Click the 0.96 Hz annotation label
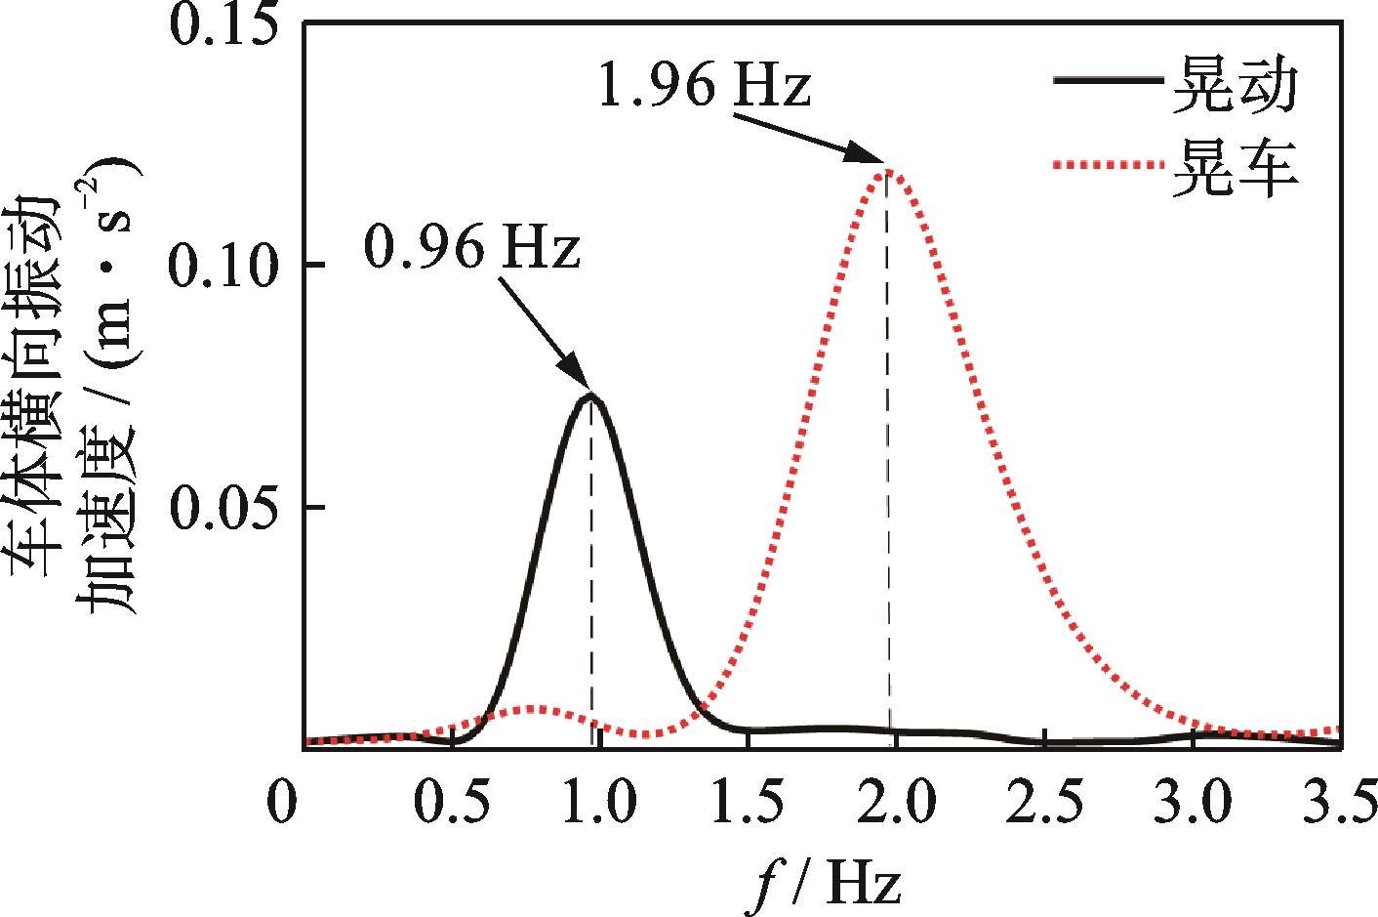point(471,248)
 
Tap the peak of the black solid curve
point(590,395)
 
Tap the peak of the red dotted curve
point(886,170)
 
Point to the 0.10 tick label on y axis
point(225,266)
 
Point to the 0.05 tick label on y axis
point(225,508)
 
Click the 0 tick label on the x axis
point(282,803)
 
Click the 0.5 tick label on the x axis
point(451,803)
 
